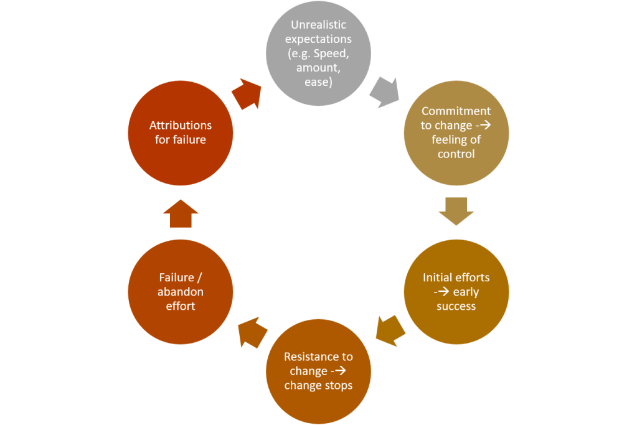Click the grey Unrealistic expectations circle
pos(318,52)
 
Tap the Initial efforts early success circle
pos(456,292)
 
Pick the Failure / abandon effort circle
pos(181,292)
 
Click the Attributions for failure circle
pos(181,133)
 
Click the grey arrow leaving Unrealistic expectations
pos(384,93)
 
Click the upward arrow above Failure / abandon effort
pos(181,213)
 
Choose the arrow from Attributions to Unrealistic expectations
pos(246,94)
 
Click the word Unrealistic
pos(318,25)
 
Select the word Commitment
pos(456,111)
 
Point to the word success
pos(456,306)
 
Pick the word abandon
pos(181,292)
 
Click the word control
pos(456,154)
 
